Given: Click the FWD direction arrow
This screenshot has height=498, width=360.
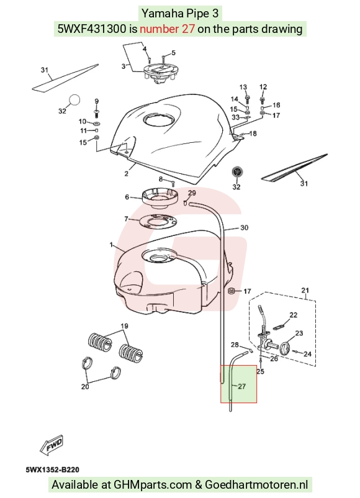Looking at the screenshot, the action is click(x=52, y=445).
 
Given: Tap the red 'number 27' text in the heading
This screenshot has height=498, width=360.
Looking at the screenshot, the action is click(x=167, y=29).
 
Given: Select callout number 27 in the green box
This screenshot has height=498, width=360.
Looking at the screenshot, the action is click(x=241, y=386).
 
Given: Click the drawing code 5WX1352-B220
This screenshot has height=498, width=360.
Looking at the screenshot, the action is click(x=53, y=469).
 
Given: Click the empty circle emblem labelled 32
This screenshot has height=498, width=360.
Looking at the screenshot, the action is click(x=74, y=99).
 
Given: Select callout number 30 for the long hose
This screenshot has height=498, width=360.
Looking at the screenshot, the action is click(x=244, y=227).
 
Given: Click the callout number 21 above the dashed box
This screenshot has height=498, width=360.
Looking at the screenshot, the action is click(x=305, y=290).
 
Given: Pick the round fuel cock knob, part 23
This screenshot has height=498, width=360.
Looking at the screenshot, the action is click(x=286, y=348).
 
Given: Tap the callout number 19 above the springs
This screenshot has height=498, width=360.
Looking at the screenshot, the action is click(x=124, y=326).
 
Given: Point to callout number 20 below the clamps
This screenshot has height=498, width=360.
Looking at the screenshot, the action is click(x=85, y=386).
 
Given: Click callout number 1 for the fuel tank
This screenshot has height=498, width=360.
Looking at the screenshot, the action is click(x=111, y=245).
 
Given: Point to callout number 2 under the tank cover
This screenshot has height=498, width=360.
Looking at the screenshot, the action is click(x=127, y=173).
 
